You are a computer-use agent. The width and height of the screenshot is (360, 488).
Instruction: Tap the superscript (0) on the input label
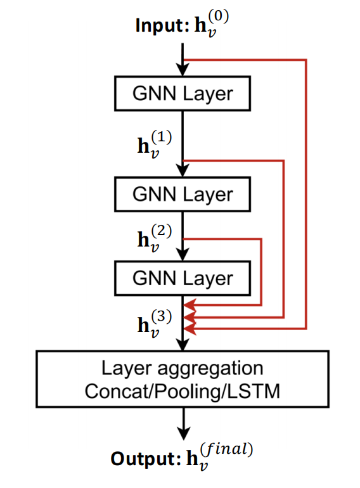(219, 16)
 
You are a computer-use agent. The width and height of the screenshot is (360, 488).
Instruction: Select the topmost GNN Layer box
(183, 93)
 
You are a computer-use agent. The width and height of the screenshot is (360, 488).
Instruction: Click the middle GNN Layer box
(183, 194)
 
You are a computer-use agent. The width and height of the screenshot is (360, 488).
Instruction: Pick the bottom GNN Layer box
(183, 278)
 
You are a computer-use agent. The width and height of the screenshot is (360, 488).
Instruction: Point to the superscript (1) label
(162, 138)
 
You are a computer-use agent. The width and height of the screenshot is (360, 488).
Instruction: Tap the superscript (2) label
(162, 231)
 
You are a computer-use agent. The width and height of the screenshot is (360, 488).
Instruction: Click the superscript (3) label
(162, 316)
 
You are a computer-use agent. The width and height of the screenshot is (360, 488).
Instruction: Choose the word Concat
(117, 391)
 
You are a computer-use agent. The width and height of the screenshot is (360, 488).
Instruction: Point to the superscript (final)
(226, 449)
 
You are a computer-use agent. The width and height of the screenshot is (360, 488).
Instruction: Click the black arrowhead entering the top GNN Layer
(183, 70)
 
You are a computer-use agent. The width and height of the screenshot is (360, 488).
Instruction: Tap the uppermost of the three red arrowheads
(190, 305)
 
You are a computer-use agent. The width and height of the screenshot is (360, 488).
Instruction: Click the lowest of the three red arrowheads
(190, 329)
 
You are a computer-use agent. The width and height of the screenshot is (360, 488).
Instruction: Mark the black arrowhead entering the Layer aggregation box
(183, 344)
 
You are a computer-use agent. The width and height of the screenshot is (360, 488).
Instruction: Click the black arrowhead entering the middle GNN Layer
(183, 170)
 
